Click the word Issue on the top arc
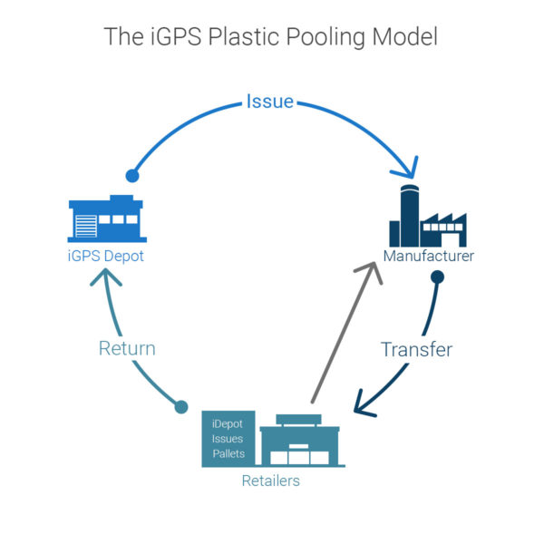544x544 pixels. (269, 101)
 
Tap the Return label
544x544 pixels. (127, 347)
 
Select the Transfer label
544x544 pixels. (416, 349)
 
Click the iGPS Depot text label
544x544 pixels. (106, 257)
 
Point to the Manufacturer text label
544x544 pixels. (428, 257)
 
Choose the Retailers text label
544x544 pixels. (270, 481)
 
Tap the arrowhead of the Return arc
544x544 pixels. (104, 280)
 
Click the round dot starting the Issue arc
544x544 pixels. (131, 176)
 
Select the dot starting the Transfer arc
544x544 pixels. (436, 277)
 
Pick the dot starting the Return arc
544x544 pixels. (180, 407)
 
